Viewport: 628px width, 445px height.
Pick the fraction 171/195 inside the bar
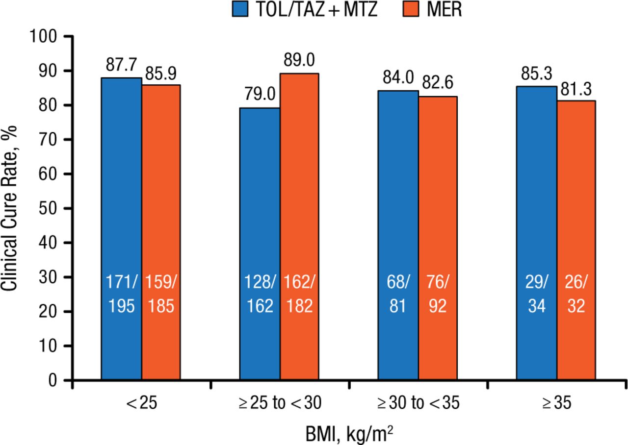[121, 294]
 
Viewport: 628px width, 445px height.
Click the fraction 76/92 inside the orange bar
[438, 294]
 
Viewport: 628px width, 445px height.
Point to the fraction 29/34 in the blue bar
[536, 294]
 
